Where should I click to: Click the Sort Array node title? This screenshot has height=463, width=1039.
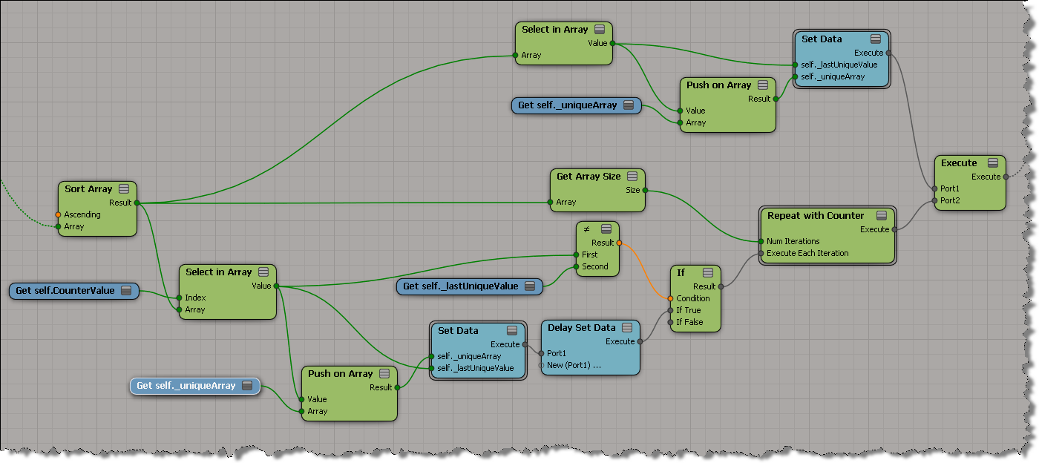pos(88,189)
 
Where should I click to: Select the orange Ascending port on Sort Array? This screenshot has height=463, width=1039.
pos(59,214)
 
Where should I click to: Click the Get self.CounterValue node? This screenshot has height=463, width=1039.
pos(65,291)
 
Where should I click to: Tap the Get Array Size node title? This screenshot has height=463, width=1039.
pos(589,177)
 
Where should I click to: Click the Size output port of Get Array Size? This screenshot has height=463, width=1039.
pos(645,190)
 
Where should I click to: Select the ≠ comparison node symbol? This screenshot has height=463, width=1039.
pos(586,229)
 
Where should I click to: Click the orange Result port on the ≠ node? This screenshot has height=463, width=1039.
pos(619,243)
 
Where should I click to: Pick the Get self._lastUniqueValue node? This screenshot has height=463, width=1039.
pos(460,286)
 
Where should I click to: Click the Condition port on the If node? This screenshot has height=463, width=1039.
pos(670,298)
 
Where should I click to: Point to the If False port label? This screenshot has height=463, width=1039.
pos(689,322)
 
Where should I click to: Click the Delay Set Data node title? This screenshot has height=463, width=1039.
pos(581,327)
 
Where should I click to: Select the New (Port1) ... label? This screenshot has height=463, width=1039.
pos(574,365)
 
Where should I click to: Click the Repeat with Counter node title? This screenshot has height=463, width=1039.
pos(816,216)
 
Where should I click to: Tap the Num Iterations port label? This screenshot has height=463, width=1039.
pos(793,241)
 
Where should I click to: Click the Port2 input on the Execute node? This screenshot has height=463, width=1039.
pos(935,200)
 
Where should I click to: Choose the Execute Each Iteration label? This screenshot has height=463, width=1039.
pos(807,253)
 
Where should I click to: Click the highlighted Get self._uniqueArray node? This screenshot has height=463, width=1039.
pos(186,386)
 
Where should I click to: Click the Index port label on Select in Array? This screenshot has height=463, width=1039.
pos(196,298)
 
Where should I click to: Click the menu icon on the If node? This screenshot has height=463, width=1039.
pos(707,273)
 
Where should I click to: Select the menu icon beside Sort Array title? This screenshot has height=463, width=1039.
pos(124,189)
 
